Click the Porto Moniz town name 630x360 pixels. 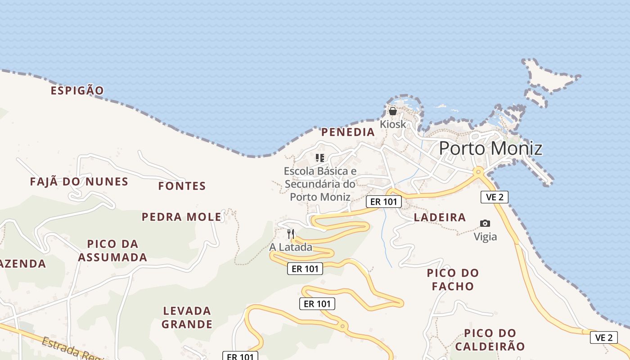coord(490,148)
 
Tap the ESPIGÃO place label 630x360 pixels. coord(77,90)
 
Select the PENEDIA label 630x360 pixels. coord(348,132)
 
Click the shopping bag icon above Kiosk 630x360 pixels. coord(393,111)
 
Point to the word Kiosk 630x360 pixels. coord(393,124)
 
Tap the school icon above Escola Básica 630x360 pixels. coord(320,157)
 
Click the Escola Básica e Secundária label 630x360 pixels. coord(320,184)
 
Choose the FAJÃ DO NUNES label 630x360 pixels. coord(79,182)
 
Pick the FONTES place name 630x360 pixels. coord(182,186)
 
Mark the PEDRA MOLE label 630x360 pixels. coord(182,217)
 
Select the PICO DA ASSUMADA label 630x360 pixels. coord(112,251)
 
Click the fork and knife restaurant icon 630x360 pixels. coord(291,234)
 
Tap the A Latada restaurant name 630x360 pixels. coord(291,247)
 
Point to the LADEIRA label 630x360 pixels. coord(440,217)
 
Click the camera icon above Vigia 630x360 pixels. coord(485,223)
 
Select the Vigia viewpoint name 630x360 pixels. coord(485,237)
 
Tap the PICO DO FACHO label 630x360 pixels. coord(453,279)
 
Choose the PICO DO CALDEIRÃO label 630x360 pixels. coord(490,340)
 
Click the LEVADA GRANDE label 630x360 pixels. coord(187,317)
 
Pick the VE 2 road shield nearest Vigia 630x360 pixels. coord(495,197)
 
